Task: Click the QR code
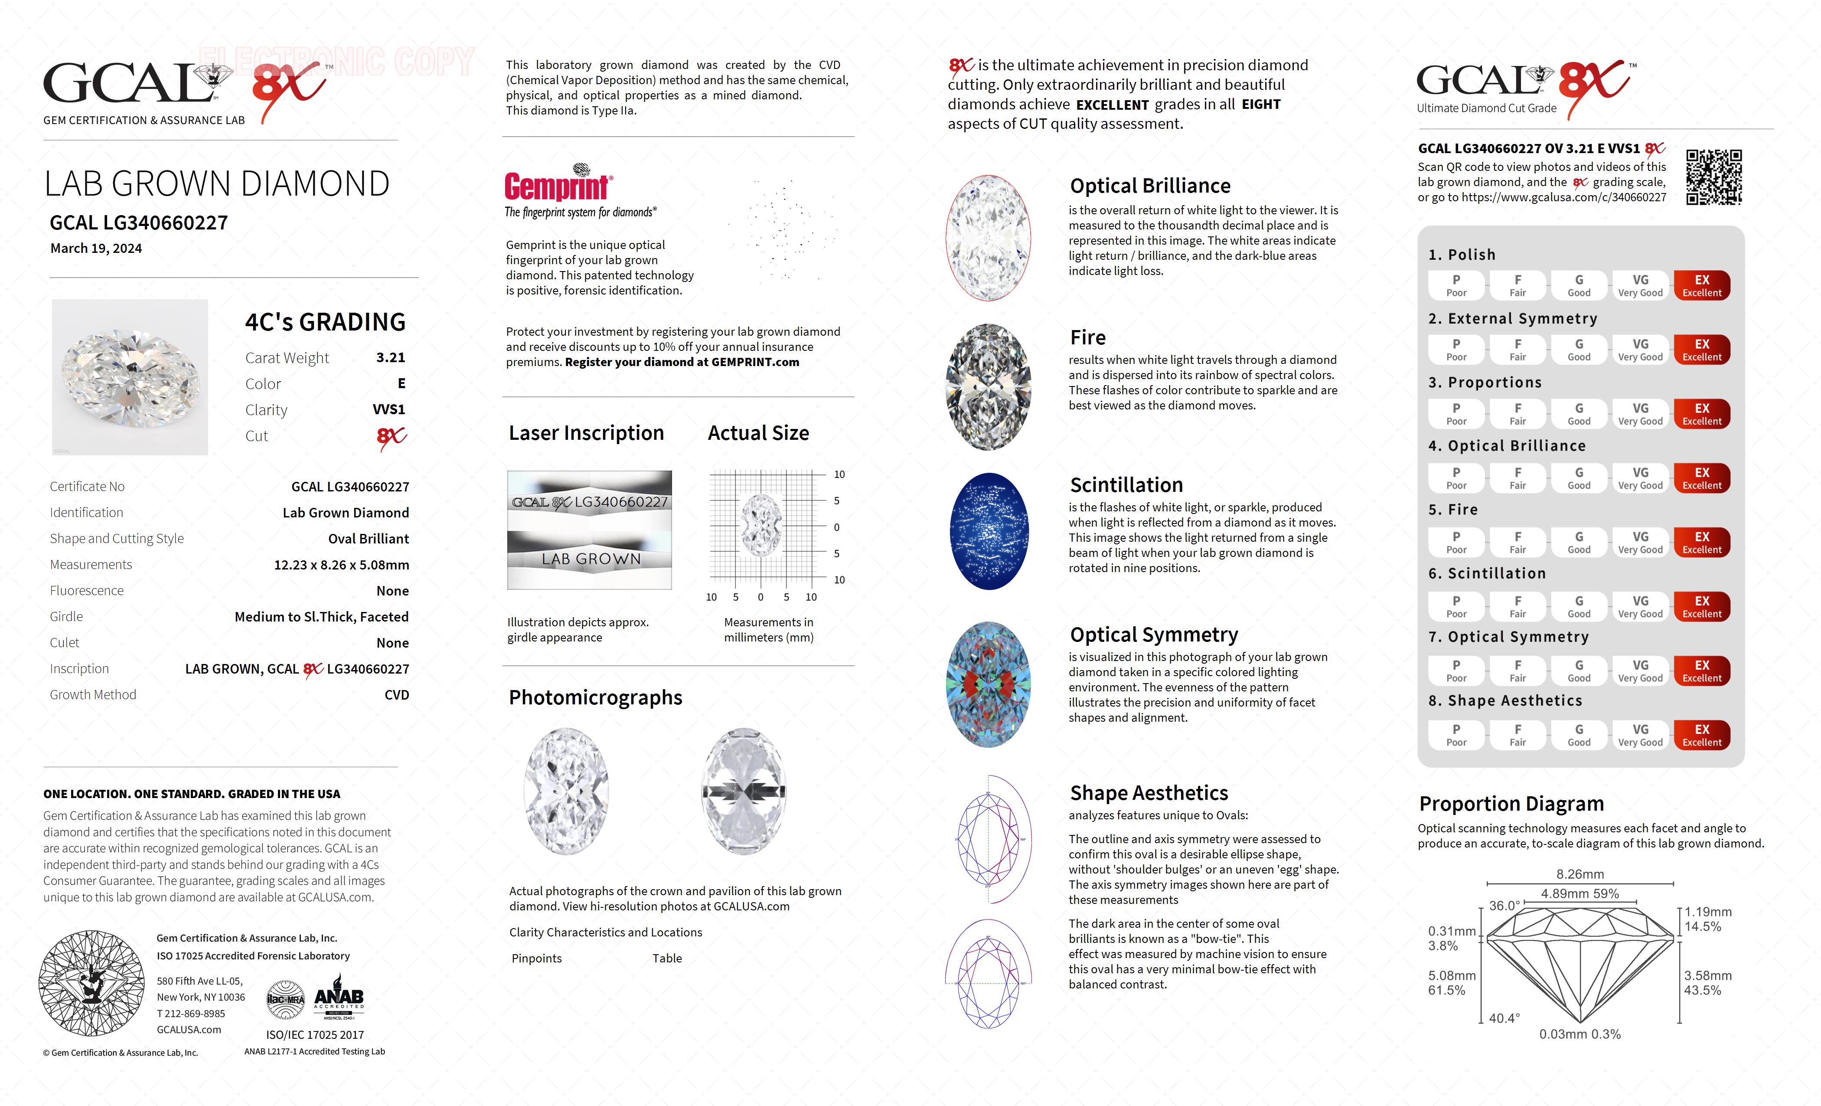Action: pos(1714,177)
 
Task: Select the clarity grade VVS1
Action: pos(389,409)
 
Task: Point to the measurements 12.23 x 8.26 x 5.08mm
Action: pos(342,565)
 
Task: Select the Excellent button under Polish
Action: pos(1701,285)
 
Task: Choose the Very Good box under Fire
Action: pos(1640,542)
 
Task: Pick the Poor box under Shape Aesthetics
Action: pos(1456,735)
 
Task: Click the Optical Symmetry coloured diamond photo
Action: pos(989,684)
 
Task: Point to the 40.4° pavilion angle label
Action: pos(1504,1018)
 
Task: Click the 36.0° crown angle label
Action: pos(1504,906)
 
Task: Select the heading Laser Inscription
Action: pos(586,433)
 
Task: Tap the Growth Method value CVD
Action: pos(397,695)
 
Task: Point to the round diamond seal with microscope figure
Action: pos(91,983)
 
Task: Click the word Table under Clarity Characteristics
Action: pos(667,958)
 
